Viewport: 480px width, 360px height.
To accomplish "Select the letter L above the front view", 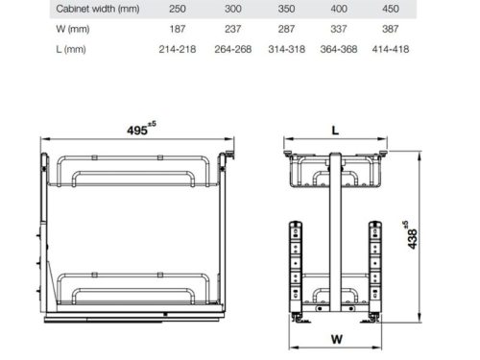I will click(335, 129).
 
